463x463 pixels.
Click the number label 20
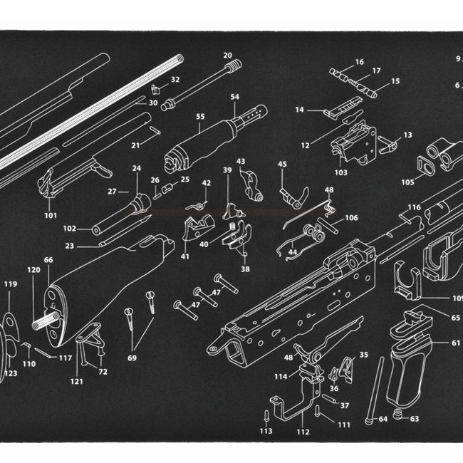228,55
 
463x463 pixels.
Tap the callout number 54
234,96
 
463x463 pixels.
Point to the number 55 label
200,116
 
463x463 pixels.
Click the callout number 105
407,182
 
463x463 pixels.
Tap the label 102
69,229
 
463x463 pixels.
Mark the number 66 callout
48,260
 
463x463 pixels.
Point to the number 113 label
266,431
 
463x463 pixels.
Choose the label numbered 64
383,419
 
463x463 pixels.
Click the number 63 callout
414,419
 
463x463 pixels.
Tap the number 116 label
414,207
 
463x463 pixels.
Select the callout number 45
282,164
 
